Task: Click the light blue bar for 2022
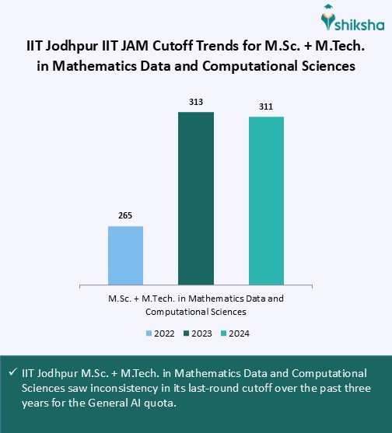click(125, 255)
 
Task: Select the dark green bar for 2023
click(196, 198)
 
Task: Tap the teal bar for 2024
click(266, 201)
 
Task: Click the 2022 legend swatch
click(149, 333)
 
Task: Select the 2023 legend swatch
click(187, 333)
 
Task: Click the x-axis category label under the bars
click(195, 305)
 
